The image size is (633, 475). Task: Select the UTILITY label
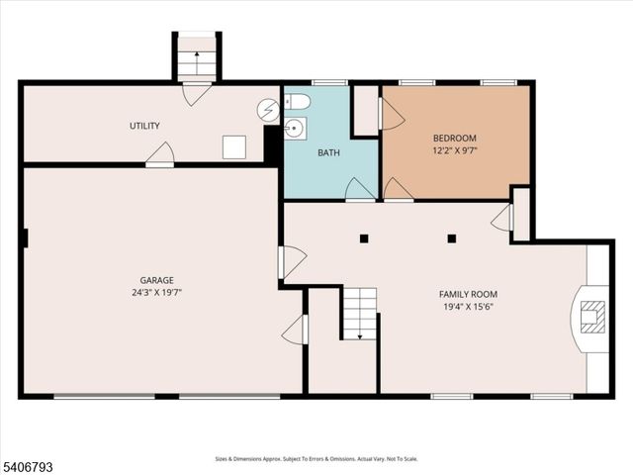144,126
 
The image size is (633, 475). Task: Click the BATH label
328,153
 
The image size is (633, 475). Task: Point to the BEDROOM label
455,138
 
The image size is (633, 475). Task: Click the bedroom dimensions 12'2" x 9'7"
455,150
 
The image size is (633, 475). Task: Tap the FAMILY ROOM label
468,294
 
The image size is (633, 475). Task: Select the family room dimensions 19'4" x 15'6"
468,307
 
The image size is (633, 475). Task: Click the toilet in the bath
298,102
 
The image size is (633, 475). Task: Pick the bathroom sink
295,129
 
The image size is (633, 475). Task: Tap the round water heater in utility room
268,110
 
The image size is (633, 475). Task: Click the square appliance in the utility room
234,146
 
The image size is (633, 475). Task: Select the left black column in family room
364,237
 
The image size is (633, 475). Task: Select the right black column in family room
452,237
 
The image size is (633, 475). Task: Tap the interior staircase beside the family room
360,313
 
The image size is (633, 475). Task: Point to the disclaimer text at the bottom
316,459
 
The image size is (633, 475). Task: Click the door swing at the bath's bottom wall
359,188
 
